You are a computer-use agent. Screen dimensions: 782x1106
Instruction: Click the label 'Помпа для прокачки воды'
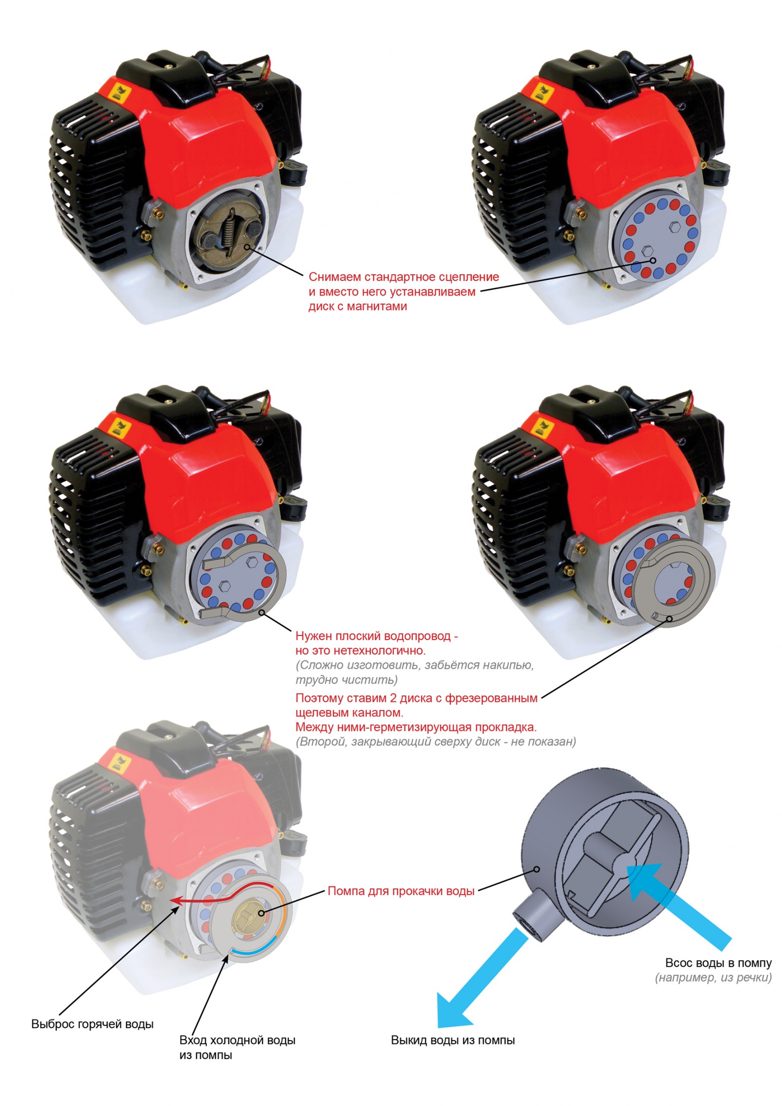(401, 891)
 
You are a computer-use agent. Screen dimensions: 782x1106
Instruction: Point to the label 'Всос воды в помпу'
(718, 963)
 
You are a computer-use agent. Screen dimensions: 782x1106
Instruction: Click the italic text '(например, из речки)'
(714, 978)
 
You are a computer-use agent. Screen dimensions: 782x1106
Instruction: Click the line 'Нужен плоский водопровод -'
(376, 636)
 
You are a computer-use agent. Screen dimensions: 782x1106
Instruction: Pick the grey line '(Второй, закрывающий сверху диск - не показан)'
(435, 741)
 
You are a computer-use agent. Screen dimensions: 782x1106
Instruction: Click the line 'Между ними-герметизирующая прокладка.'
(416, 727)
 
